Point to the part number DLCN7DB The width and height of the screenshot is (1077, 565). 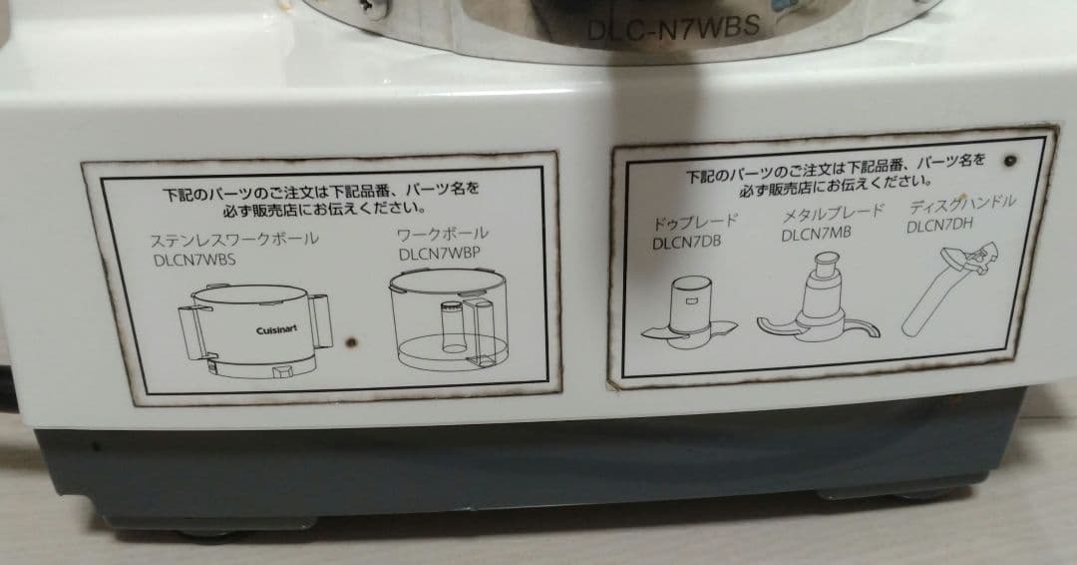687,242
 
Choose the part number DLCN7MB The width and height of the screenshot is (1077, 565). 816,236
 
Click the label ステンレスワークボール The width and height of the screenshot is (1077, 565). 233,240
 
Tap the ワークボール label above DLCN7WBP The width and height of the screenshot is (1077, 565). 443,235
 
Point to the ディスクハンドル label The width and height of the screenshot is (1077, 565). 962,205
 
